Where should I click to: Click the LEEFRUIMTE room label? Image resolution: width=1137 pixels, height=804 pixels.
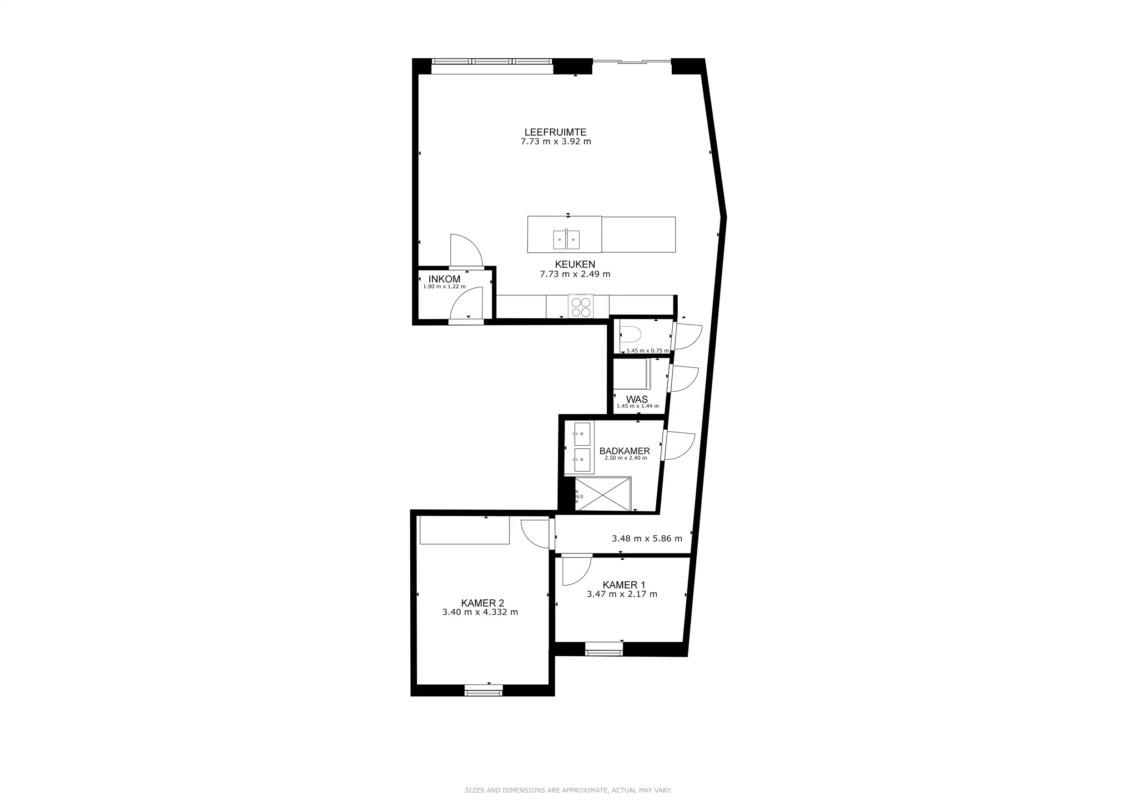pyautogui.click(x=555, y=132)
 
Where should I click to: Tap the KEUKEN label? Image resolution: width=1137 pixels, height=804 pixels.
pyautogui.click(x=574, y=264)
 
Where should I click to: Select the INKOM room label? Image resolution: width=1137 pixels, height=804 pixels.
pyautogui.click(x=444, y=279)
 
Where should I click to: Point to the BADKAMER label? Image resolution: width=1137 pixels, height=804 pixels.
pyautogui.click(x=624, y=451)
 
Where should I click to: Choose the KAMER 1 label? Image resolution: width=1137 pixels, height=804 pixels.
pyautogui.click(x=624, y=585)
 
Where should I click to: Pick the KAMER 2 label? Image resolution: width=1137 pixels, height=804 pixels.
pyautogui.click(x=483, y=603)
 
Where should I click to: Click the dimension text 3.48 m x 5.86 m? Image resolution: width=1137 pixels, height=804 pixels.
pyautogui.click(x=647, y=538)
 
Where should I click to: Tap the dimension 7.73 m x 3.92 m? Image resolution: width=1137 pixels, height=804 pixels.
pyautogui.click(x=556, y=141)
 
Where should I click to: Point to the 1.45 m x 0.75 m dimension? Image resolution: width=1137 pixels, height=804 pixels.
pyautogui.click(x=648, y=351)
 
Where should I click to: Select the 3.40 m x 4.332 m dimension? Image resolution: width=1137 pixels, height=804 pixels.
pyautogui.click(x=480, y=612)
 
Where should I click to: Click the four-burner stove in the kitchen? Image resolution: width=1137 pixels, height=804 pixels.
pyautogui.click(x=580, y=306)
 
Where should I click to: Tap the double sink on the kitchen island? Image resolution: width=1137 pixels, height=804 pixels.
pyautogui.click(x=566, y=240)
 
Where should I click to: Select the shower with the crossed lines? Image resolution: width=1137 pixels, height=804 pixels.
pyautogui.click(x=603, y=493)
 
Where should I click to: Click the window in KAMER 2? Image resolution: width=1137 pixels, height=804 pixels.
pyautogui.click(x=483, y=690)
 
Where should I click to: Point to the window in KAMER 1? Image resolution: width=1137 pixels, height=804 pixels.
pyautogui.click(x=604, y=648)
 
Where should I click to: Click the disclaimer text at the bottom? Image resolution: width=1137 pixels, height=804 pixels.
pyautogui.click(x=568, y=790)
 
